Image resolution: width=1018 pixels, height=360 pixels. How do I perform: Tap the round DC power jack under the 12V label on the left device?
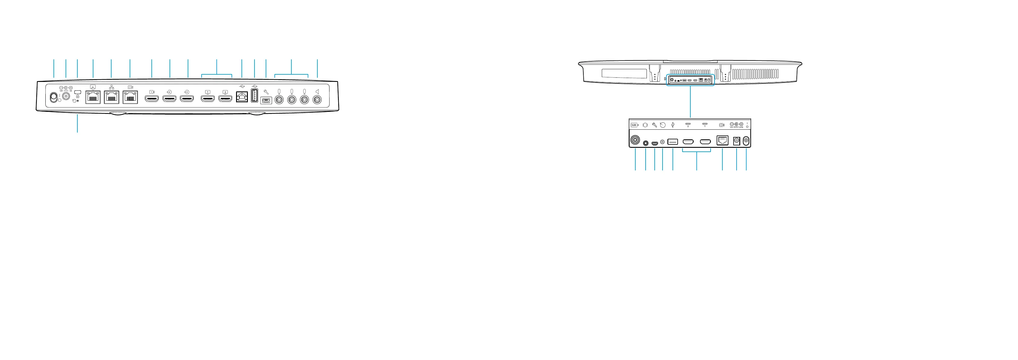tap(66, 97)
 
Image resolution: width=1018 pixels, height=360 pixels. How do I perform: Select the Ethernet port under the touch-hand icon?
tap(93, 97)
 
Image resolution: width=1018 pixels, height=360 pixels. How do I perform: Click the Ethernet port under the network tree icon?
tap(112, 97)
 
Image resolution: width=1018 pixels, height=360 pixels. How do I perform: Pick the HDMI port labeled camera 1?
tap(152, 98)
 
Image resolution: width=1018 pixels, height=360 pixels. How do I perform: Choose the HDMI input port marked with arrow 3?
tap(187, 98)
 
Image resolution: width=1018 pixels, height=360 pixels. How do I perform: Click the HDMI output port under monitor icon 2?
tap(225, 98)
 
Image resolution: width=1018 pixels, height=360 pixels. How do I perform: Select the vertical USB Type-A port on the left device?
tap(254, 96)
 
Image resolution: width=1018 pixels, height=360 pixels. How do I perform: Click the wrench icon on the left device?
tap(266, 92)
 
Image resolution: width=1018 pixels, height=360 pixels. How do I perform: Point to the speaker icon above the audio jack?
tap(317, 92)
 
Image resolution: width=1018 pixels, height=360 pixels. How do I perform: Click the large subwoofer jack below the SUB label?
tap(635, 140)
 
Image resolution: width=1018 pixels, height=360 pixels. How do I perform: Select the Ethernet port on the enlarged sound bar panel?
tap(722, 140)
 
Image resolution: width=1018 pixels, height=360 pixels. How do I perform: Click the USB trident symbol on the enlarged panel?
tap(673, 125)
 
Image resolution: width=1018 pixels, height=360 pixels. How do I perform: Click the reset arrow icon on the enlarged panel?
tap(663, 125)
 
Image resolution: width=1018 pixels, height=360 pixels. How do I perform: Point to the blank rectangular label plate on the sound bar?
tap(624, 73)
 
